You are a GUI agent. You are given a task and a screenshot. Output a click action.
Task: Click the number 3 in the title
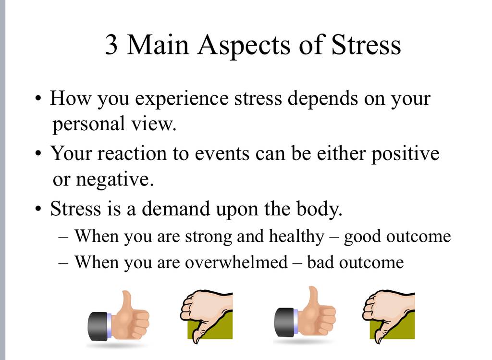pyautogui.click(x=111, y=45)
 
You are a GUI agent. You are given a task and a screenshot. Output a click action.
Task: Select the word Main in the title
pyautogui.click(x=158, y=45)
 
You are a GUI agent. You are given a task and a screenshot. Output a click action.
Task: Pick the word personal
pyautogui.click(x=88, y=124)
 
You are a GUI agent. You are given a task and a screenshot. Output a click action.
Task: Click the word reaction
pyautogui.click(x=132, y=154)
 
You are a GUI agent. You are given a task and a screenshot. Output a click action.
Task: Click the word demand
pyautogui.click(x=176, y=209)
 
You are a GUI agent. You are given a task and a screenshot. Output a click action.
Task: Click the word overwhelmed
pyautogui.click(x=236, y=262)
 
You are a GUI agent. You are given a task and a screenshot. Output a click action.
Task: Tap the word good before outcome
pyautogui.click(x=362, y=237)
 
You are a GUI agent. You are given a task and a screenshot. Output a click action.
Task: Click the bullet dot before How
pyautogui.click(x=38, y=98)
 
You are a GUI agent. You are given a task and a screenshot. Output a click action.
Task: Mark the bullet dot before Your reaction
pyautogui.click(x=38, y=153)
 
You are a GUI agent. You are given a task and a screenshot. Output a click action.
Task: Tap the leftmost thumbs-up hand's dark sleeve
pyautogui.click(x=99, y=326)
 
